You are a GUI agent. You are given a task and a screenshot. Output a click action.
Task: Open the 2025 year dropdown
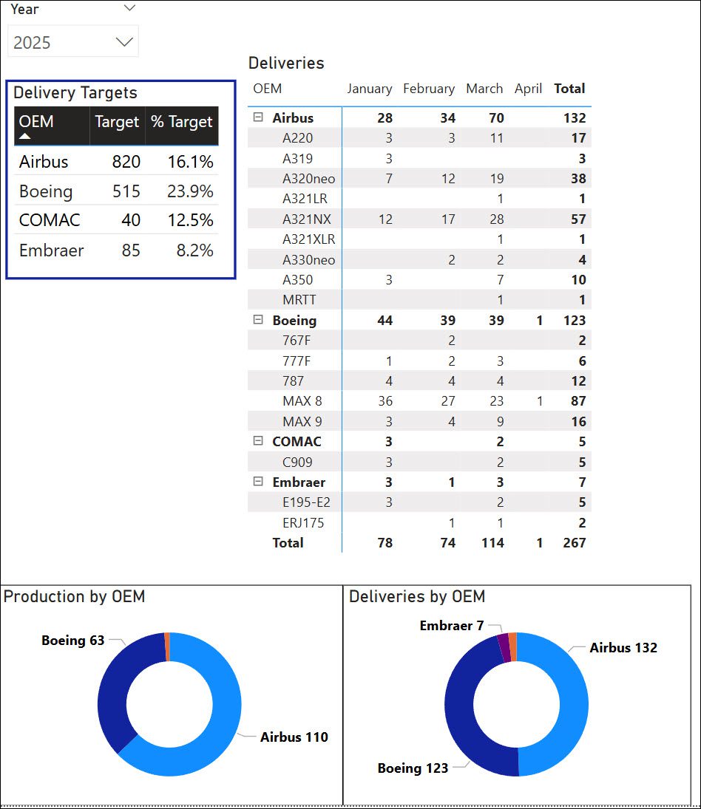tap(123, 42)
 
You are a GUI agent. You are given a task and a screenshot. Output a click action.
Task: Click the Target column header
tap(117, 122)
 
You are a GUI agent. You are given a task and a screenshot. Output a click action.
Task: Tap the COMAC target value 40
tap(131, 220)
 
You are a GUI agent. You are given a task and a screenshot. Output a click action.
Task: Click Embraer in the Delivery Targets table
tap(51, 250)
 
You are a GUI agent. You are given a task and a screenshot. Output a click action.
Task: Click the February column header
tap(429, 89)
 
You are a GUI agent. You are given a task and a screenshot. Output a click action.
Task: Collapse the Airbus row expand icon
tap(258, 117)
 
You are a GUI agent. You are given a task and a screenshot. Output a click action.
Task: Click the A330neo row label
tap(308, 260)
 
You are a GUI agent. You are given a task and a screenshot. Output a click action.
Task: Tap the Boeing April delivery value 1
tap(539, 321)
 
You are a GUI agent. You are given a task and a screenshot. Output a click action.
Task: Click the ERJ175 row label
tap(303, 523)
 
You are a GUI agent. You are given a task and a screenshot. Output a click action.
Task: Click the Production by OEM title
tap(74, 597)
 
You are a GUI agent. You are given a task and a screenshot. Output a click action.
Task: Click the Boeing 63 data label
tap(72, 641)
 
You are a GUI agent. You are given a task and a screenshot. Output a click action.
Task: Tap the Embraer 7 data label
tap(451, 626)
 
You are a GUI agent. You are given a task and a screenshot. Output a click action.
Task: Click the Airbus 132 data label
tap(623, 648)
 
